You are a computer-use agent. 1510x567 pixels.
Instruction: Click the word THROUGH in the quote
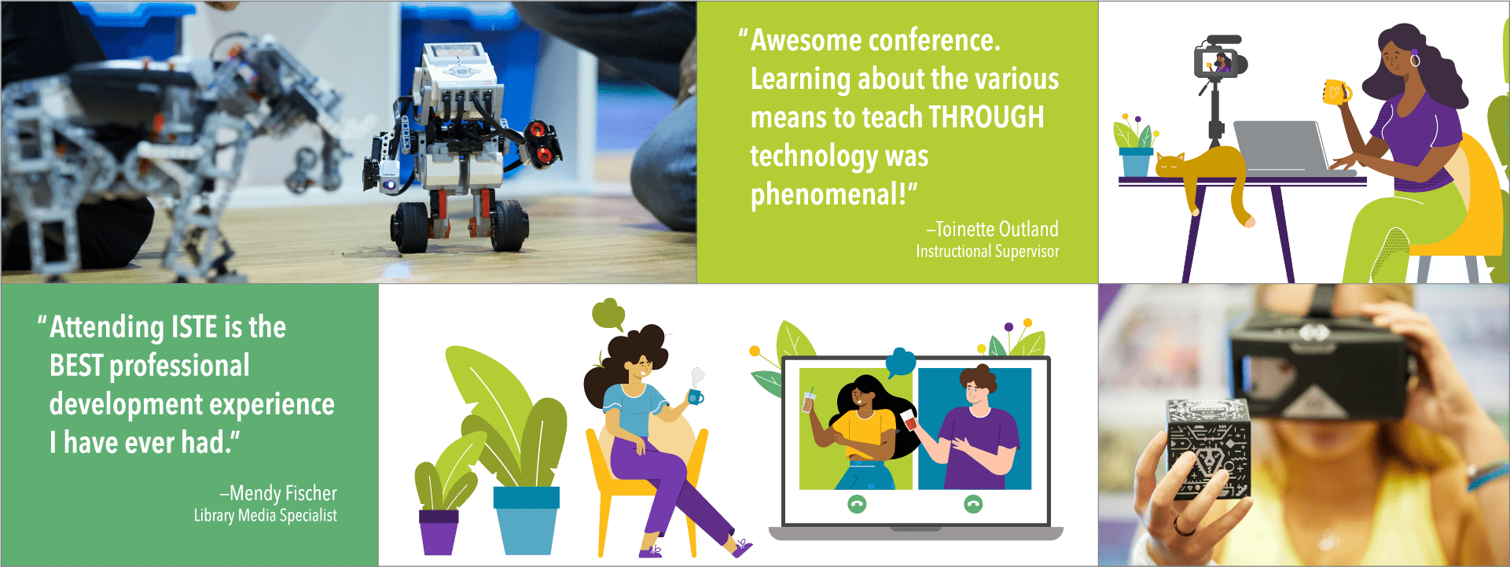point(986,117)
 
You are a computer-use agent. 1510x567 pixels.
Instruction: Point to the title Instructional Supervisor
point(987,252)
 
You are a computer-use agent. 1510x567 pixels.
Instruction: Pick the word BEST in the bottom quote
point(76,366)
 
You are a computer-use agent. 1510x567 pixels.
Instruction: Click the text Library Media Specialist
point(266,515)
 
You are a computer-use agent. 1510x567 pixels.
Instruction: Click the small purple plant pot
point(439,532)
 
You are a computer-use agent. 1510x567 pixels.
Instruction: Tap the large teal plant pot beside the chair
point(526,520)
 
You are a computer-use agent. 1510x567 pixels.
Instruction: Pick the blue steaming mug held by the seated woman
point(695,396)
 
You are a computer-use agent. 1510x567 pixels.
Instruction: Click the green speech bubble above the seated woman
point(608,314)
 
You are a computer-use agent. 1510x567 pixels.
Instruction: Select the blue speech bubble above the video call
point(901,363)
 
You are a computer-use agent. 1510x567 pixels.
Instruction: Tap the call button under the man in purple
point(973,504)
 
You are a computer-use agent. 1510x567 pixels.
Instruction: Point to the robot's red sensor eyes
point(542,142)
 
